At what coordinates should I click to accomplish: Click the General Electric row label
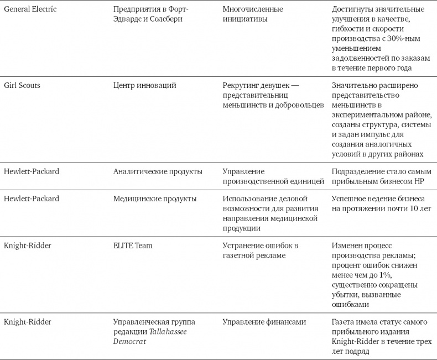30,9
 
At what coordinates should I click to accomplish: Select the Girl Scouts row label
22,85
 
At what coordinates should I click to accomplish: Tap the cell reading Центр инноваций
144,85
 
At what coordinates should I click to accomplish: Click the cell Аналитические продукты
158,171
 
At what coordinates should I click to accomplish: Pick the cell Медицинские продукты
154,199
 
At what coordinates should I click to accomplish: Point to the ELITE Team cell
133,246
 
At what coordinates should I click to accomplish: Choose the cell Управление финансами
264,322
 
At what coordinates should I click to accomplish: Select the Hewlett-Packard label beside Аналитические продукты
32,171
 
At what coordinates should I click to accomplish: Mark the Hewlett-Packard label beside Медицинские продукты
32,199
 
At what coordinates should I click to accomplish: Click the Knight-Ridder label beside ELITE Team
28,246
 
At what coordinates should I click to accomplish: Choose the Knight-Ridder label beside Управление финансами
28,322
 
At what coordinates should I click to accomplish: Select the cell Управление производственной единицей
273,176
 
